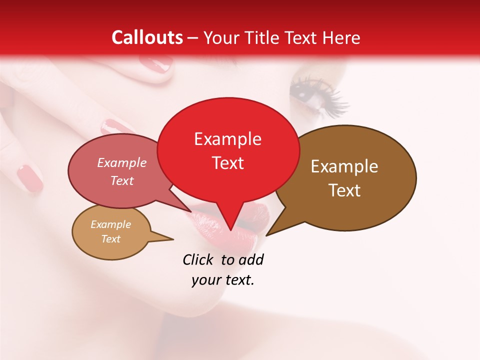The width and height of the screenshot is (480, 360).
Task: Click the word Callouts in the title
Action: (x=147, y=37)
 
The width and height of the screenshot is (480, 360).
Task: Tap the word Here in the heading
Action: (x=341, y=37)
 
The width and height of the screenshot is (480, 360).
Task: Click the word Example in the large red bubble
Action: (x=227, y=139)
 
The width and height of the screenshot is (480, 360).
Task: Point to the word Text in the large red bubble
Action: (x=227, y=163)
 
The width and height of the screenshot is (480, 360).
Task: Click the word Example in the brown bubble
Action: (x=344, y=166)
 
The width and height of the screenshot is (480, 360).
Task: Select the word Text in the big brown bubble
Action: (x=344, y=190)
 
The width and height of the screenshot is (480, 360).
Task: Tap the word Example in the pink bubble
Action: (x=121, y=163)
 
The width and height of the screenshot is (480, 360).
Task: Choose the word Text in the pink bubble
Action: (x=121, y=180)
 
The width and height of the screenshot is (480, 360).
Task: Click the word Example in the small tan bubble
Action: (x=110, y=224)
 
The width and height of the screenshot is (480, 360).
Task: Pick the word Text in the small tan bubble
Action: (x=110, y=239)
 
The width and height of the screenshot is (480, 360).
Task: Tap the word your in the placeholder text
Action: (x=204, y=280)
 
